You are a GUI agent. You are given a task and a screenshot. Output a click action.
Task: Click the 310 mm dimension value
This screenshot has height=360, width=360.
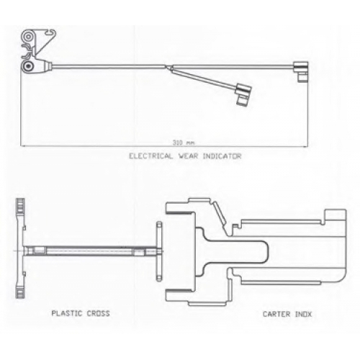point(183,143)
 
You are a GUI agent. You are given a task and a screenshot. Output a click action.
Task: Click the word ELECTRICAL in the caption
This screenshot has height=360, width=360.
point(150,156)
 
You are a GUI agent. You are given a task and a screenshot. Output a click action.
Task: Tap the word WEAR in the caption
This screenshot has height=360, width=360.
point(188,156)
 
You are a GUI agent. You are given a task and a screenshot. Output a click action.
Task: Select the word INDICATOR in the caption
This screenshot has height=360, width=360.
point(222,156)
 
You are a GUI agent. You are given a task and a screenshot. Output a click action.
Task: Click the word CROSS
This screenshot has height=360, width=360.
point(98,313)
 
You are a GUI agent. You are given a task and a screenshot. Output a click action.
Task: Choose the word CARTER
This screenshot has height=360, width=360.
point(276,314)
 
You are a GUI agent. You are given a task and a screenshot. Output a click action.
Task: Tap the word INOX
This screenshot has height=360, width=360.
point(303,314)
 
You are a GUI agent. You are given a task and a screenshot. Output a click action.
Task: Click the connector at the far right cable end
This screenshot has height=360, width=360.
point(301,71)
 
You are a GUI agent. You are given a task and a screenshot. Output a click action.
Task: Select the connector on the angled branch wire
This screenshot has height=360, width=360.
point(243,94)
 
